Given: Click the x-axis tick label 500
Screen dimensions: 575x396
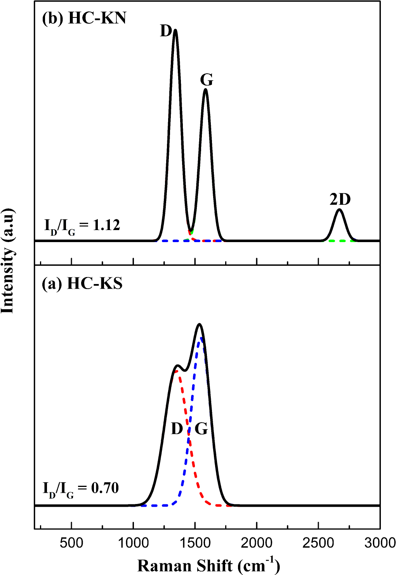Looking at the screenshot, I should pos(71,542).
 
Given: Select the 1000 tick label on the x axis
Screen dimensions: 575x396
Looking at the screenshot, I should pos(133,542).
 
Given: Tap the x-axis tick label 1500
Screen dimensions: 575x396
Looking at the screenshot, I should pos(195,542).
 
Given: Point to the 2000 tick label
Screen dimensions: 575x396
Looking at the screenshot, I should pos(257,542).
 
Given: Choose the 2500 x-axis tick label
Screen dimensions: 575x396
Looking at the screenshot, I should pos(318,542).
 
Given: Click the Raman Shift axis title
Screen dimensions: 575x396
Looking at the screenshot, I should pos(208,565).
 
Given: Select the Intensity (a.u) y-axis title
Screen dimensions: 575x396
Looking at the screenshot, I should pos(8,261).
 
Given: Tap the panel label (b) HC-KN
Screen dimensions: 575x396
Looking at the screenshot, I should pos(84,18).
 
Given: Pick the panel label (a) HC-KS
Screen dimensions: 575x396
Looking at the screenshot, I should pos(82,284).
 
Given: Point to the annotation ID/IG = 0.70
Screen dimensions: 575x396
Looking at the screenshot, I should pos(81,488).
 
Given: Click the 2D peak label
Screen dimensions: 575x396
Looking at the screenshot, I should pos(340,199).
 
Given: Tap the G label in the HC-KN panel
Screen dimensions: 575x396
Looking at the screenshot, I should pos(207,80).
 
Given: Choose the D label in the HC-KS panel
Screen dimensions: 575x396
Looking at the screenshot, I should pos(177,429).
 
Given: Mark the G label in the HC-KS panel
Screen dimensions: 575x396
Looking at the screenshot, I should pos(201,429).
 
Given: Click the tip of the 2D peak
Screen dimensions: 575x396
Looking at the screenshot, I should pos(339,210).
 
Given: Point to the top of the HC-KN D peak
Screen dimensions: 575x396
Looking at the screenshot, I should pos(175,30).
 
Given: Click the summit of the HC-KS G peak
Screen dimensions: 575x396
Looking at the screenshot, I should pos(200,324).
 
